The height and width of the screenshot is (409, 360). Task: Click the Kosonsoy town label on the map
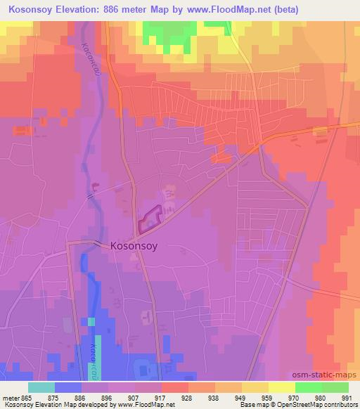pyautogui.click(x=137, y=247)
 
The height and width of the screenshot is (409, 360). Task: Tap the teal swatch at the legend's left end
pyautogui.click(x=41, y=387)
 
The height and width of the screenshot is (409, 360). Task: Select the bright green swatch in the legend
pyautogui.click(x=309, y=387)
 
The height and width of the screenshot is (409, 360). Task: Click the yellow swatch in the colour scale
pyautogui.click(x=282, y=387)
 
